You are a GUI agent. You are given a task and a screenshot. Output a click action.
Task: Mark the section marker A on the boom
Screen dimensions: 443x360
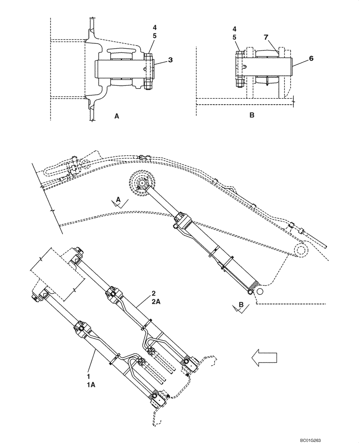pos(118,200)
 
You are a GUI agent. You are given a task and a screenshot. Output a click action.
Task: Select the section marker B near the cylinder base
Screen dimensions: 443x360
pos(240,305)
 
